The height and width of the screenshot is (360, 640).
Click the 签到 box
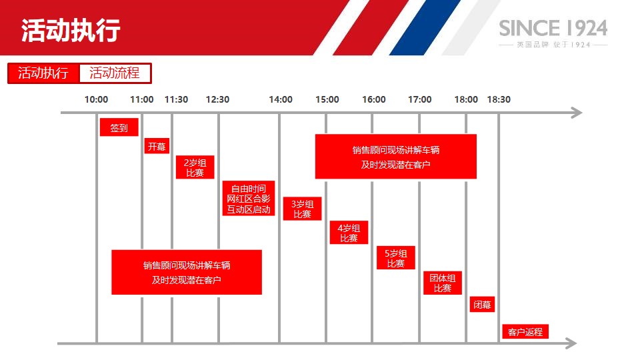pos(119,127)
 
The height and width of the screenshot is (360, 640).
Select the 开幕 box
pos(157,146)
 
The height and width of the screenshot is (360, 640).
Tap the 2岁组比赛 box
pos(195,167)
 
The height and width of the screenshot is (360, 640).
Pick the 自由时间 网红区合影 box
pos(249,199)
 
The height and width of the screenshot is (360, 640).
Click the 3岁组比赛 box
pos(303,209)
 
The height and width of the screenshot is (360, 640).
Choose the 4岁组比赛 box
pos(349,233)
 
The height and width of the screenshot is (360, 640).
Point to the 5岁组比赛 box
pos(396,258)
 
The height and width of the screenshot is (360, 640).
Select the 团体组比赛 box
pos(443,283)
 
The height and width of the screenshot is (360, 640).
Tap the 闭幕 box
pos(482,305)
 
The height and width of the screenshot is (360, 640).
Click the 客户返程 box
pos(525,332)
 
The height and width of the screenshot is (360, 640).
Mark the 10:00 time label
pos(96,99)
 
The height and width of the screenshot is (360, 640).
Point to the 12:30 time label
pos(217,99)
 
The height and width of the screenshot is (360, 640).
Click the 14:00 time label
pos(281,99)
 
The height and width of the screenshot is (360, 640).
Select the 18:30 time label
pos(499,99)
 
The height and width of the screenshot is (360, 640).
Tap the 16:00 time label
pos(374,99)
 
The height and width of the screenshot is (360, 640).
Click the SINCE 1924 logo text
pos(553,29)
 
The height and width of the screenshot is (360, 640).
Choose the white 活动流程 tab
pos(115,73)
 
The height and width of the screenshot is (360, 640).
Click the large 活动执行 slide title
pos(71,30)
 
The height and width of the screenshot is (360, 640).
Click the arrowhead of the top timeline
pos(576,113)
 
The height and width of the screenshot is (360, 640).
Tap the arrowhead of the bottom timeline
pos(571,343)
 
